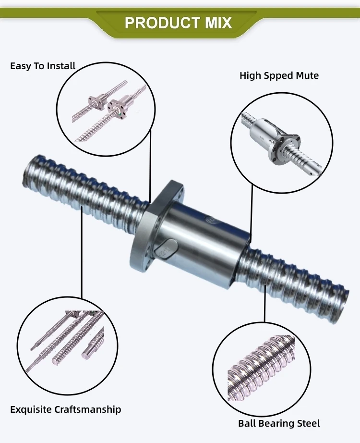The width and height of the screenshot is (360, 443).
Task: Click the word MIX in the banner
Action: (216, 23)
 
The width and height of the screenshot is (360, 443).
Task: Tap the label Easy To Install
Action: (43, 66)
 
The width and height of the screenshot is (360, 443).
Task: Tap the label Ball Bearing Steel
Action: (279, 423)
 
